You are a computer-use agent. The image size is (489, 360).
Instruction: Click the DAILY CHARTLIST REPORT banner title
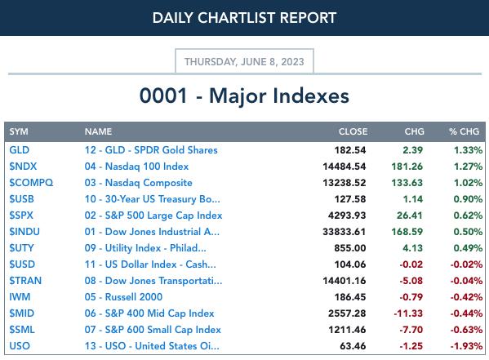click(x=244, y=18)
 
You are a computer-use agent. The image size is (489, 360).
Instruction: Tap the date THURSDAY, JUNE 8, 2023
click(x=244, y=62)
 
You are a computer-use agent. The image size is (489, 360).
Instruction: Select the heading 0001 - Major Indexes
click(x=244, y=96)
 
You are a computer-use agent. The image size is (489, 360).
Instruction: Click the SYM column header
click(x=19, y=131)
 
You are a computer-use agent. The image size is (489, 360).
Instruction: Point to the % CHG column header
click(x=464, y=131)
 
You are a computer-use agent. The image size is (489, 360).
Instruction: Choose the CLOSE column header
click(x=353, y=131)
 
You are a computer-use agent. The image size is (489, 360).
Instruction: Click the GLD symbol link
click(x=20, y=150)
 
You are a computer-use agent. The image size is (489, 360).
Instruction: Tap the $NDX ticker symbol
click(x=23, y=167)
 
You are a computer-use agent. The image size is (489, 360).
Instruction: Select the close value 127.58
click(x=350, y=199)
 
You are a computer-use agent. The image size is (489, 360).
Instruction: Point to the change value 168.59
click(x=407, y=232)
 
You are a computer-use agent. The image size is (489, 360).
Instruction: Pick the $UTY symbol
click(x=21, y=248)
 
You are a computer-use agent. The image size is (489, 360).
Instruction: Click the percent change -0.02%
click(x=466, y=264)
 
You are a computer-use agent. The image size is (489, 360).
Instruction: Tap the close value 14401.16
click(x=345, y=281)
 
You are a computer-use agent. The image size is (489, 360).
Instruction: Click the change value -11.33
click(x=408, y=313)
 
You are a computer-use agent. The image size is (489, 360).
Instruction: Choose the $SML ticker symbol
click(x=22, y=330)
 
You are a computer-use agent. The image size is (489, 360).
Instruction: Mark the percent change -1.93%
click(x=466, y=346)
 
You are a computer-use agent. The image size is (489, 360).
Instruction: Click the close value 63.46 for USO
click(x=353, y=346)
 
